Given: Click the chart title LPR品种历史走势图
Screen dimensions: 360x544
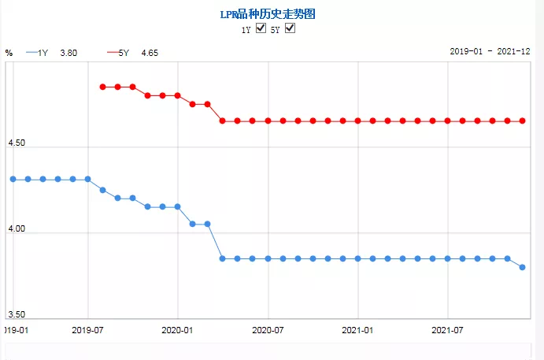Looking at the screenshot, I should click(272, 14).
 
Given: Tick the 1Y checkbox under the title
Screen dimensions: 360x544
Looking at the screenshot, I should click(261, 29).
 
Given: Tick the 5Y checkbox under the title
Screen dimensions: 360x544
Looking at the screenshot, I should click(290, 29).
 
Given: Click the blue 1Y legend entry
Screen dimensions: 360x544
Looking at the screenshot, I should click(38, 53).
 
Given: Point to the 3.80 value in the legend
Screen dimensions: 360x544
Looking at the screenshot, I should click(69, 53).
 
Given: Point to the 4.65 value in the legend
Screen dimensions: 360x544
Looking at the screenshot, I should click(150, 53).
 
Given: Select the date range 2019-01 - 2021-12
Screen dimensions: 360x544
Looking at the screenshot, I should click(494, 50).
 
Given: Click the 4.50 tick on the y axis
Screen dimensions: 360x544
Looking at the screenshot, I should click(17, 143).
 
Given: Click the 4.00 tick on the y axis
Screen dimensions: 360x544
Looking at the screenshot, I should click(17, 229).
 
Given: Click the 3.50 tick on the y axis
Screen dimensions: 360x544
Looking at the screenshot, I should click(17, 314).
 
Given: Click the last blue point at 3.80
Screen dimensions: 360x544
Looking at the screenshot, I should click(522, 267).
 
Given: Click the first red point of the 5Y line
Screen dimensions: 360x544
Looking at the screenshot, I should click(102, 87).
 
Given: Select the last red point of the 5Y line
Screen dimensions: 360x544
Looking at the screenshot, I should click(522, 121).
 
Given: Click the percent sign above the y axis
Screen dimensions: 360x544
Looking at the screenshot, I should click(9, 53).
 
